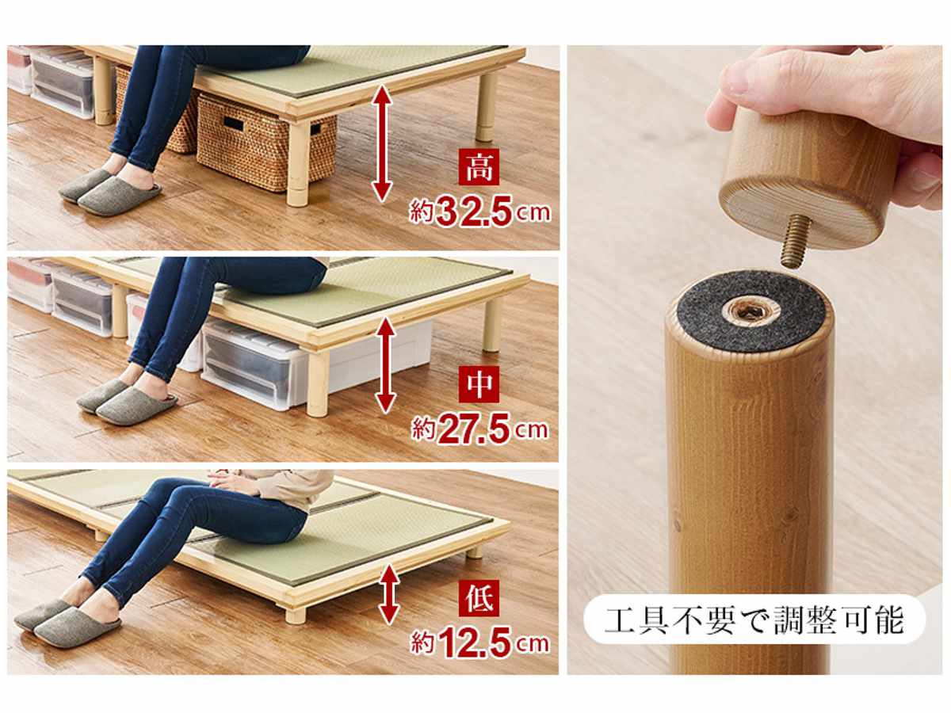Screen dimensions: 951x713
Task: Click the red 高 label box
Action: click(479, 166)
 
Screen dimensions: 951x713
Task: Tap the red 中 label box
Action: click(479, 384)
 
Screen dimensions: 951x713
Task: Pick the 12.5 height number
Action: click(475, 643)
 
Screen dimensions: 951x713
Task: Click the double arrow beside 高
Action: click(382, 143)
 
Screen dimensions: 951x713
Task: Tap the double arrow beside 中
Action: click(386, 365)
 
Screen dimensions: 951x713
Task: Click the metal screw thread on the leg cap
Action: click(796, 245)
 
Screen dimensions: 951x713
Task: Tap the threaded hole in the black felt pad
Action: click(745, 310)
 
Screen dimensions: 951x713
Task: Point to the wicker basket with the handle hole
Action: click(265, 142)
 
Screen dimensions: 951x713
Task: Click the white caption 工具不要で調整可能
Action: click(754, 621)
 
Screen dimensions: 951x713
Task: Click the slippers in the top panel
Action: click(110, 192)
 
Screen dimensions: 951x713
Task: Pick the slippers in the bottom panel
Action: click(67, 622)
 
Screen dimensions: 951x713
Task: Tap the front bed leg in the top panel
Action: click(298, 164)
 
